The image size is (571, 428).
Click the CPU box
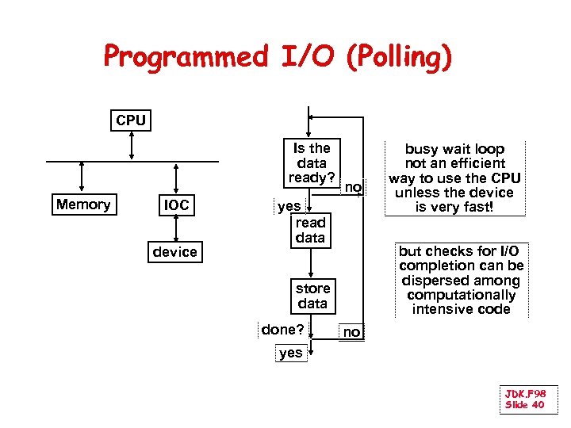click(x=131, y=120)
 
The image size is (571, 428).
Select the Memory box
click(x=83, y=204)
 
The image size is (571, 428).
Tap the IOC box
click(x=176, y=205)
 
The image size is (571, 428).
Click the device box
click(x=175, y=252)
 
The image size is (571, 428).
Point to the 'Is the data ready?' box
click(x=312, y=162)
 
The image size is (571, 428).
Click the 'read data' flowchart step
click(x=310, y=230)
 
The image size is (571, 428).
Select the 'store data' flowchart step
click(x=312, y=296)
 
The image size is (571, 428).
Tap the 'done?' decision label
click(x=283, y=328)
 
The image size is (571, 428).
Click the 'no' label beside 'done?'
click(x=351, y=333)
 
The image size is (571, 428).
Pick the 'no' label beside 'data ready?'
click(x=353, y=188)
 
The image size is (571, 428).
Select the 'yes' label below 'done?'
click(x=291, y=353)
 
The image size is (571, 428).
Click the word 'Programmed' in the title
click(x=186, y=57)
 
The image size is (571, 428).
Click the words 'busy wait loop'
click(x=454, y=149)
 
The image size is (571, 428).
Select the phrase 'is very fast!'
click(x=454, y=208)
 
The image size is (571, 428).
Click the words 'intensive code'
click(x=461, y=309)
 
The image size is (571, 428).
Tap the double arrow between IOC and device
click(x=176, y=229)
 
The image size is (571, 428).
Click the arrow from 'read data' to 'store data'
click(x=312, y=261)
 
